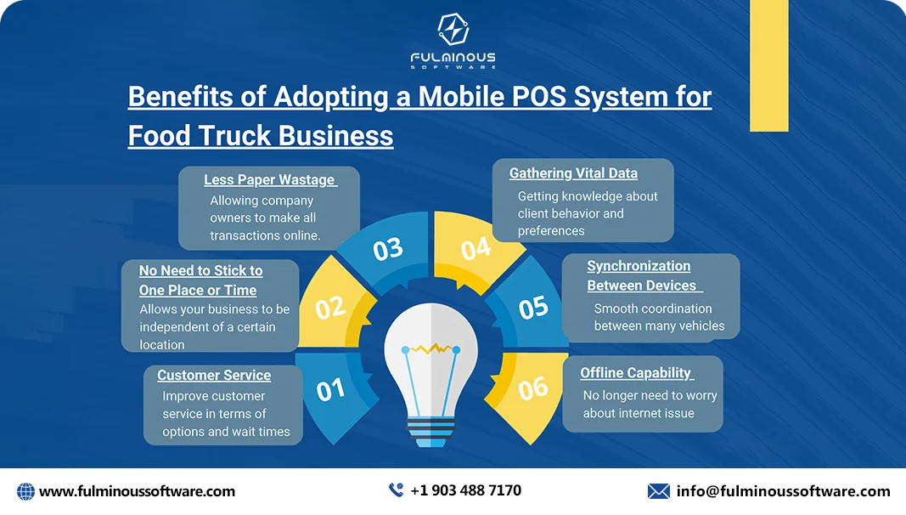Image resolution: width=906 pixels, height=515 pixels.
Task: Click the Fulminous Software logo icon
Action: pyautogui.click(x=453, y=31)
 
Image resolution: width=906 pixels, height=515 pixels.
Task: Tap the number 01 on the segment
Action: pyautogui.click(x=330, y=389)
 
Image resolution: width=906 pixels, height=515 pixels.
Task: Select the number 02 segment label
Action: pyautogui.click(x=329, y=307)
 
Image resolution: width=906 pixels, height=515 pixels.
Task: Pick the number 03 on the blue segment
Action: pyautogui.click(x=387, y=250)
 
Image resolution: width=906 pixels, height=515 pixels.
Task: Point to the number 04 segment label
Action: pyautogui.click(x=476, y=249)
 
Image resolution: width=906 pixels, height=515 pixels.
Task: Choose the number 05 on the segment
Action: pyautogui.click(x=533, y=307)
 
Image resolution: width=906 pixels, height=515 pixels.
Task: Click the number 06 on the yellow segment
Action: pyautogui.click(x=533, y=388)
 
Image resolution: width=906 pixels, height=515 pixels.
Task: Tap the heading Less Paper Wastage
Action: pyautogui.click(x=270, y=180)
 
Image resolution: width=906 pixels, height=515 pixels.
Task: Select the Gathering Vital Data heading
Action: pyautogui.click(x=573, y=173)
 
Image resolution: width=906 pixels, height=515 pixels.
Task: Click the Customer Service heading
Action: pyautogui.click(x=214, y=376)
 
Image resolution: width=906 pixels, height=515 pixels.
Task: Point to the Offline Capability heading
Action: pyautogui.click(x=636, y=373)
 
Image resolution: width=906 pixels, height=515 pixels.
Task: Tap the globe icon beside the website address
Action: pyautogui.click(x=25, y=491)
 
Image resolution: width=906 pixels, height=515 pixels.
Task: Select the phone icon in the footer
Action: pyautogui.click(x=396, y=490)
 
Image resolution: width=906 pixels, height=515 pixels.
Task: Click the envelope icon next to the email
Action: pyautogui.click(x=658, y=491)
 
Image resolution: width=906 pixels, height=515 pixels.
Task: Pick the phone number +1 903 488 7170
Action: pyautogui.click(x=465, y=490)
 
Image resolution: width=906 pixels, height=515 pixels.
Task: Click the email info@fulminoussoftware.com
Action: pyautogui.click(x=783, y=491)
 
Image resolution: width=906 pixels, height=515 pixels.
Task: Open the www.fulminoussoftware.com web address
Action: pyautogui.click(x=137, y=491)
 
